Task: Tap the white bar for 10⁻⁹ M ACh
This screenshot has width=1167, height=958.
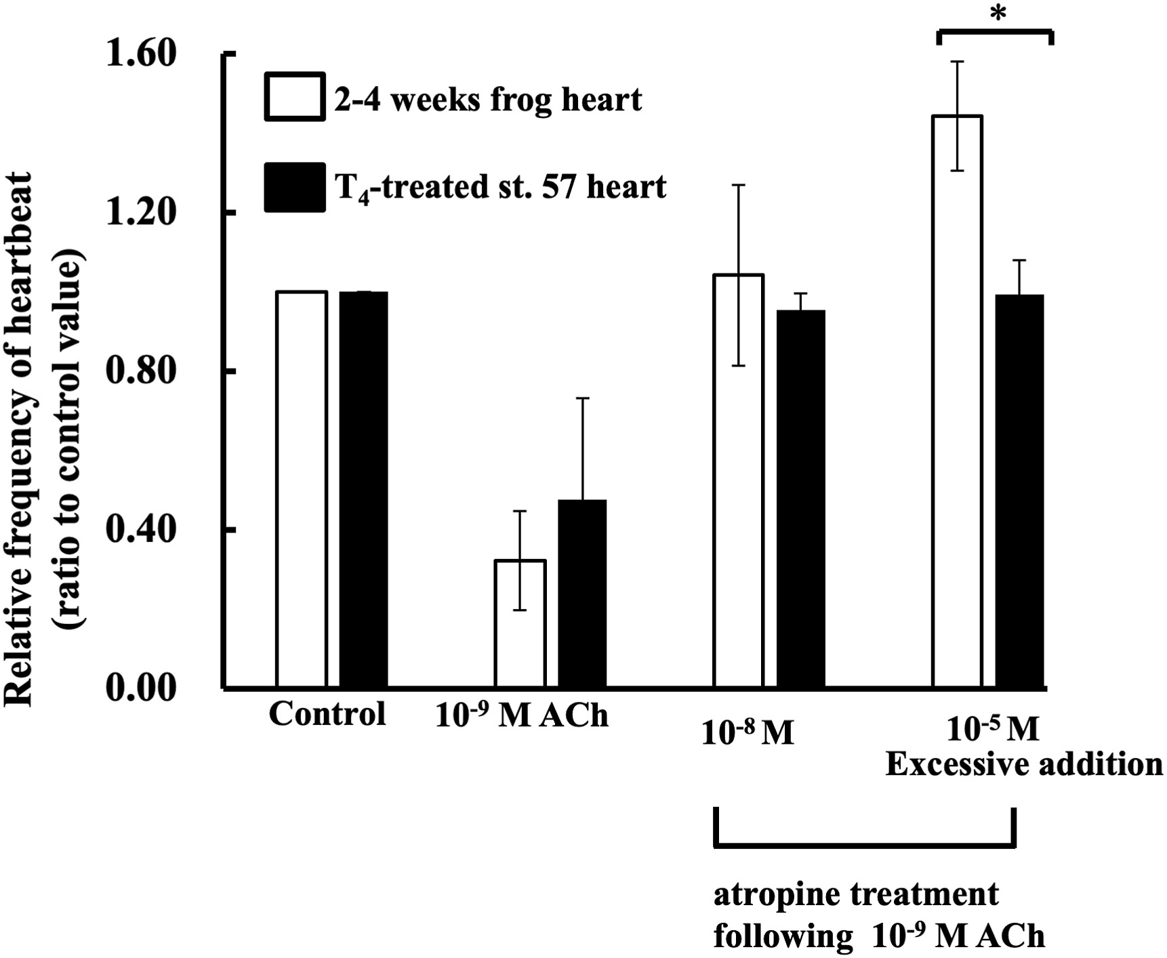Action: (520, 623)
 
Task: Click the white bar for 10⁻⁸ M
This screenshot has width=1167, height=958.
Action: (738, 480)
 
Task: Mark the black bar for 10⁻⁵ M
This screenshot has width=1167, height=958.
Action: (1019, 491)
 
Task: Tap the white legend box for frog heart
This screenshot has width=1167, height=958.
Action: (294, 96)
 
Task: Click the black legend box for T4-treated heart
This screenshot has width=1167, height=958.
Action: (294, 187)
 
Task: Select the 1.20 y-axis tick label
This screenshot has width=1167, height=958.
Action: (141, 212)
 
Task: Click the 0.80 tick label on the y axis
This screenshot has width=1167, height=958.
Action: (141, 371)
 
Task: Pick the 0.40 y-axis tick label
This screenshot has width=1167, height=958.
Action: (141, 529)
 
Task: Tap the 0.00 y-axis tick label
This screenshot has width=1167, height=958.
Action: (141, 688)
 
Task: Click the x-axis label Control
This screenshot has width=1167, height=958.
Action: (327, 714)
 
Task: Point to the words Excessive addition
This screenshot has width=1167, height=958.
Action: (1023, 764)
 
